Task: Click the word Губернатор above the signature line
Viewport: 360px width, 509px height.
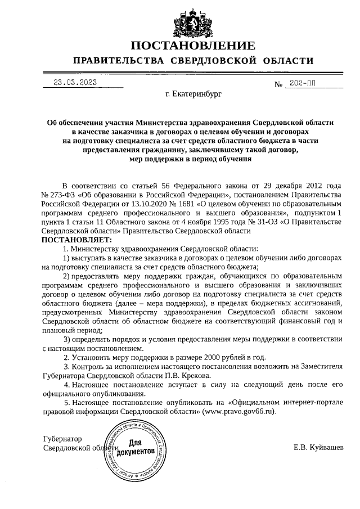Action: coord(62,439)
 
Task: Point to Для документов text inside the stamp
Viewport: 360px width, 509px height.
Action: coord(136,448)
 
